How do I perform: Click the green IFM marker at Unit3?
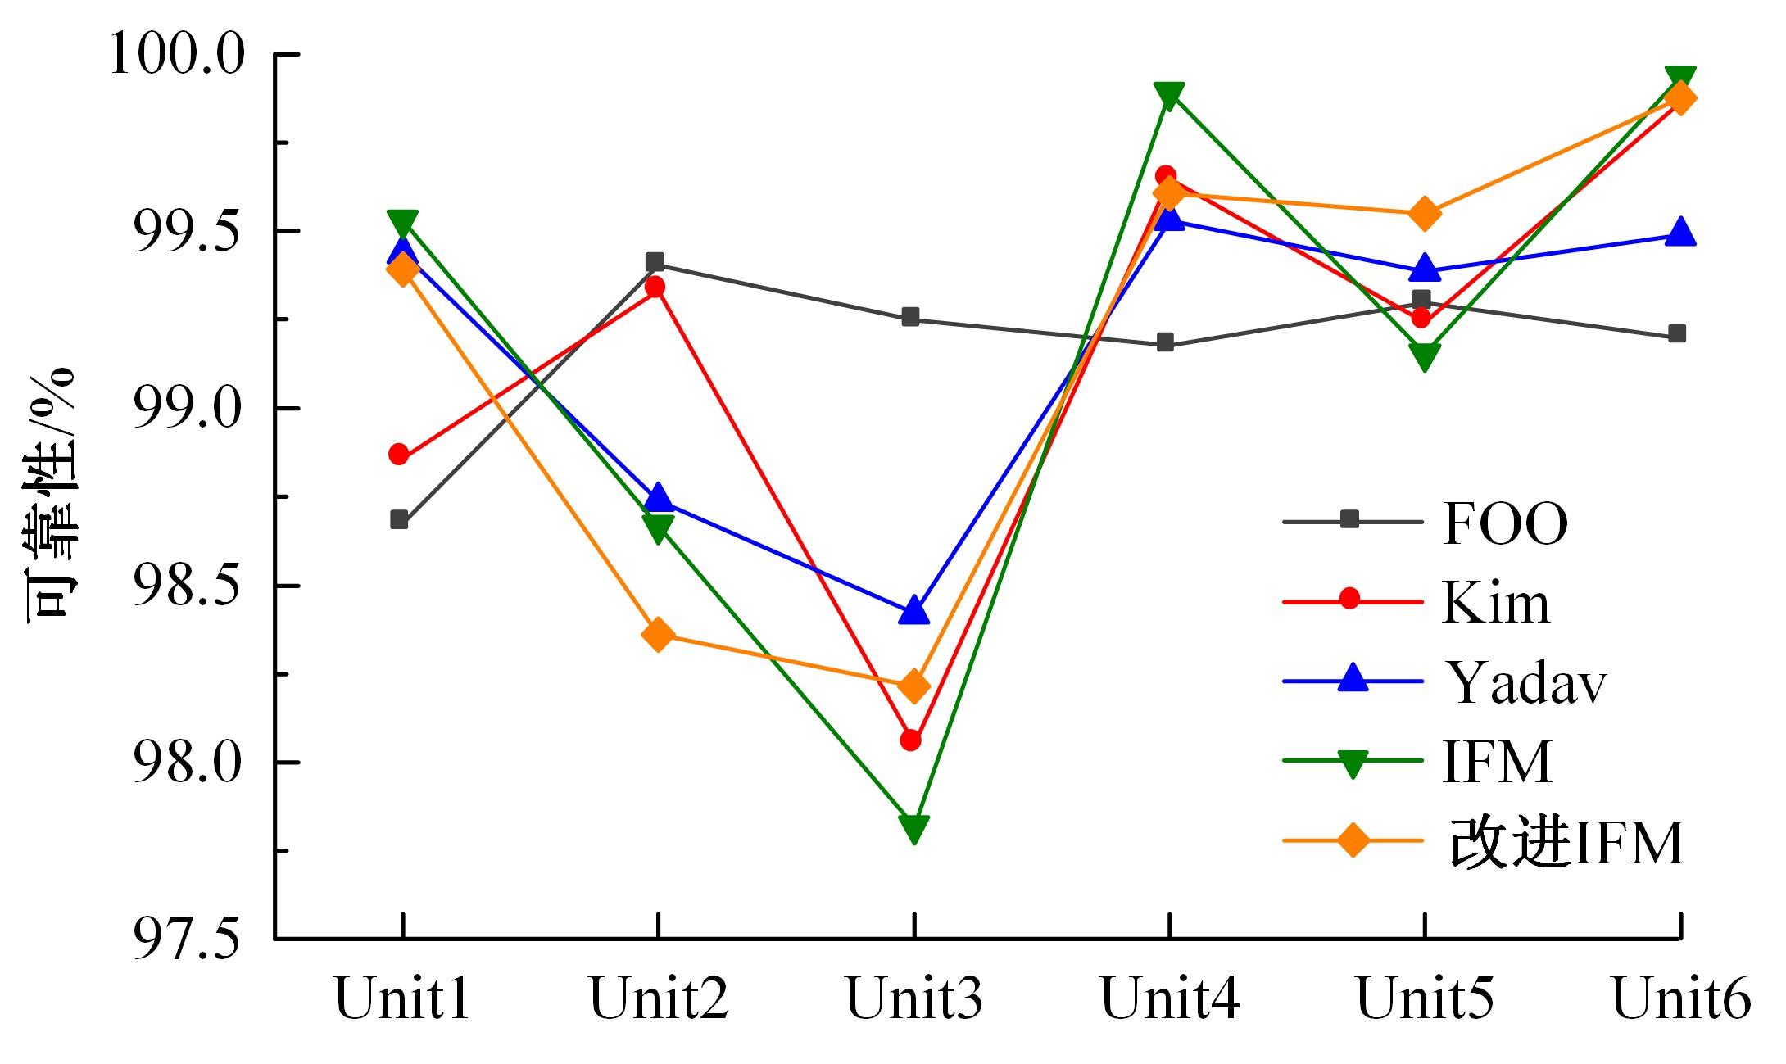[x=913, y=828]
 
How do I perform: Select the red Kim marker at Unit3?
[x=910, y=740]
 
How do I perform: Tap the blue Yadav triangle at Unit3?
[x=913, y=611]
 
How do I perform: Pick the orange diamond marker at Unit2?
[x=658, y=635]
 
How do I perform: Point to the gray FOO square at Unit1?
[x=399, y=520]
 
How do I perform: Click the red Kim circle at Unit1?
[x=399, y=455]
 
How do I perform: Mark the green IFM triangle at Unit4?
[x=1168, y=95]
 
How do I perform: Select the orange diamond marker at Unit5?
[x=1424, y=213]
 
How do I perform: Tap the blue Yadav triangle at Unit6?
[x=1680, y=233]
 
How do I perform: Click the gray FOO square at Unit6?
[x=1676, y=333]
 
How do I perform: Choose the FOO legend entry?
[x=1505, y=523]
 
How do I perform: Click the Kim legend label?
[x=1495, y=604]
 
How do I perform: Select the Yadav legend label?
[x=1526, y=682]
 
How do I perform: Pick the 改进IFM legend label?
[x=1566, y=843]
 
